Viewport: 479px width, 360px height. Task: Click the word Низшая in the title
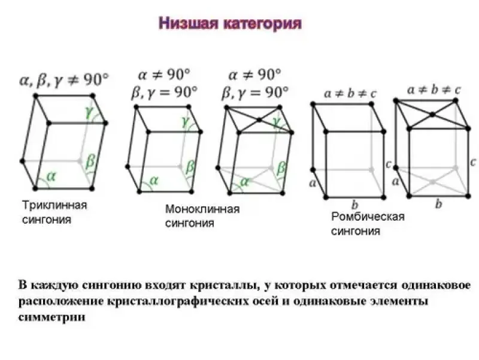point(188,23)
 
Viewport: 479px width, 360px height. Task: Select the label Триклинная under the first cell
point(54,205)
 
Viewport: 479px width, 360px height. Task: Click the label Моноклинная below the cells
point(202,209)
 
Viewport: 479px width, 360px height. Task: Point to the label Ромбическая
point(368,217)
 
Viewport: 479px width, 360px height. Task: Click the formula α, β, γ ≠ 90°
point(64,80)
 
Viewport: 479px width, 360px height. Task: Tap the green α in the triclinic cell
point(51,176)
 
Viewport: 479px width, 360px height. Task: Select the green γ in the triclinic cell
point(89,113)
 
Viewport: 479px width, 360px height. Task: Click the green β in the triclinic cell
point(90,160)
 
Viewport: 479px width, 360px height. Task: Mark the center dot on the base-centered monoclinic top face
point(259,119)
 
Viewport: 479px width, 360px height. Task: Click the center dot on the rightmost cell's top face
point(432,115)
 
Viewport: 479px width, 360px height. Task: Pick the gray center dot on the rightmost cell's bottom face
point(432,182)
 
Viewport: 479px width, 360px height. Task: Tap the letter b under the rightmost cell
point(439,203)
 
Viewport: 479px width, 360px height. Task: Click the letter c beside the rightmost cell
point(473,161)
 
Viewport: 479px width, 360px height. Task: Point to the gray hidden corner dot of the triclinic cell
point(80,161)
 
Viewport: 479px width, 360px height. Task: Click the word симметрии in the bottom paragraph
point(51,317)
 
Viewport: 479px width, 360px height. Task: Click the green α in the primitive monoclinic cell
point(154,181)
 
